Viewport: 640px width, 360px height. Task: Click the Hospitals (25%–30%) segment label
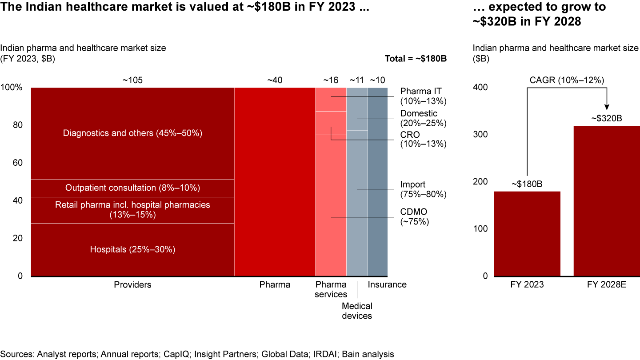pyautogui.click(x=132, y=250)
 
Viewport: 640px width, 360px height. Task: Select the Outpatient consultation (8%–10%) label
pyautogui.click(x=132, y=188)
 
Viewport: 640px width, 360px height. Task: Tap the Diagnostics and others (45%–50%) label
pyautogui.click(x=132, y=133)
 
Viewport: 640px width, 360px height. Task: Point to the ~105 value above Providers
pyautogui.click(x=132, y=80)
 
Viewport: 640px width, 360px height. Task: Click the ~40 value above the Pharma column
pyautogui.click(x=275, y=80)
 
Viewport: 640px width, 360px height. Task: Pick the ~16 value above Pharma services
pyautogui.click(x=330, y=80)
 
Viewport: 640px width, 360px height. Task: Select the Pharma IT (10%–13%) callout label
pyautogui.click(x=421, y=96)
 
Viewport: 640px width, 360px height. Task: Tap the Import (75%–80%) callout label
pyautogui.click(x=423, y=189)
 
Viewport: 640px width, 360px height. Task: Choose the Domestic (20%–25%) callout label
pyautogui.click(x=423, y=118)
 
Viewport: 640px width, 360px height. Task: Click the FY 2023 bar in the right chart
pyautogui.click(x=527, y=233)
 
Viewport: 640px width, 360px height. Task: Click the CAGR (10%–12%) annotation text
pyautogui.click(x=567, y=80)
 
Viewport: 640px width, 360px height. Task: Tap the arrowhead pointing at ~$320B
pyautogui.click(x=607, y=107)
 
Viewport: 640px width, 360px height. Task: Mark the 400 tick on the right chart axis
pyautogui.click(x=481, y=88)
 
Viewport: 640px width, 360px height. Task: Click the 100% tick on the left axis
pyautogui.click(x=12, y=88)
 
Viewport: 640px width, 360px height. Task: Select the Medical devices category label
pyautogui.click(x=357, y=311)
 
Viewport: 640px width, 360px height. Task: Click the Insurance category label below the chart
pyautogui.click(x=387, y=285)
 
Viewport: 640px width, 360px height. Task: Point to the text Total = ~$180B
pyautogui.click(x=416, y=58)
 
